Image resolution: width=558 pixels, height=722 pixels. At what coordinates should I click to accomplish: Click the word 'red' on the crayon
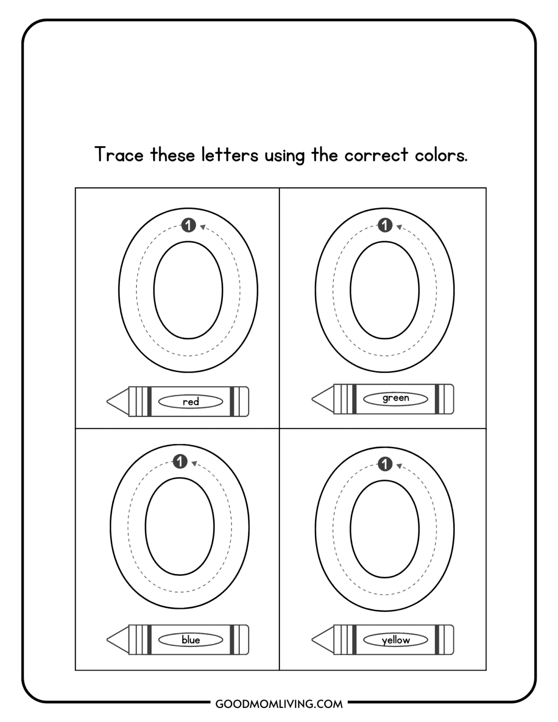click(191, 401)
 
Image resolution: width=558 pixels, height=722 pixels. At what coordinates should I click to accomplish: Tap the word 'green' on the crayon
click(396, 398)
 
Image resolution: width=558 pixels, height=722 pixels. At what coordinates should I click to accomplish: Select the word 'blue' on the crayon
click(191, 640)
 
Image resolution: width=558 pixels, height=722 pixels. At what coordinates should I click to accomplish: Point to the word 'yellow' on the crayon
click(396, 640)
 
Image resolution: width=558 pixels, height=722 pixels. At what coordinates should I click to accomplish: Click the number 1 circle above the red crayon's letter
click(189, 226)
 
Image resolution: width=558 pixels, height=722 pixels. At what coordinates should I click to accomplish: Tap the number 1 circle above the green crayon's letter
click(385, 226)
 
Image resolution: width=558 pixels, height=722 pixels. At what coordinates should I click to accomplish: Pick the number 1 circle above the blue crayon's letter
click(180, 462)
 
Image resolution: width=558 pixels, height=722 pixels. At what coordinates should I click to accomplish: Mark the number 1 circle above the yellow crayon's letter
click(385, 464)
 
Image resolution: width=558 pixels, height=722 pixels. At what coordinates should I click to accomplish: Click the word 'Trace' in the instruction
click(119, 155)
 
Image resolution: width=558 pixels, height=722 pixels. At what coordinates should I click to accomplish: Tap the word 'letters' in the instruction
click(230, 155)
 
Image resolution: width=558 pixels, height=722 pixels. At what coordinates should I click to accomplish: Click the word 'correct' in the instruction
click(376, 155)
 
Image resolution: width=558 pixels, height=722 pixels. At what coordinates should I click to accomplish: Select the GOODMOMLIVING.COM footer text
click(279, 704)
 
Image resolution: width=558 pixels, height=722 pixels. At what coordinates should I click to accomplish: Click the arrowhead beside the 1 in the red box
click(203, 228)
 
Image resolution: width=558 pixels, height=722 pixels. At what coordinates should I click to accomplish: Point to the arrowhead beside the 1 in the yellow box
click(399, 466)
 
